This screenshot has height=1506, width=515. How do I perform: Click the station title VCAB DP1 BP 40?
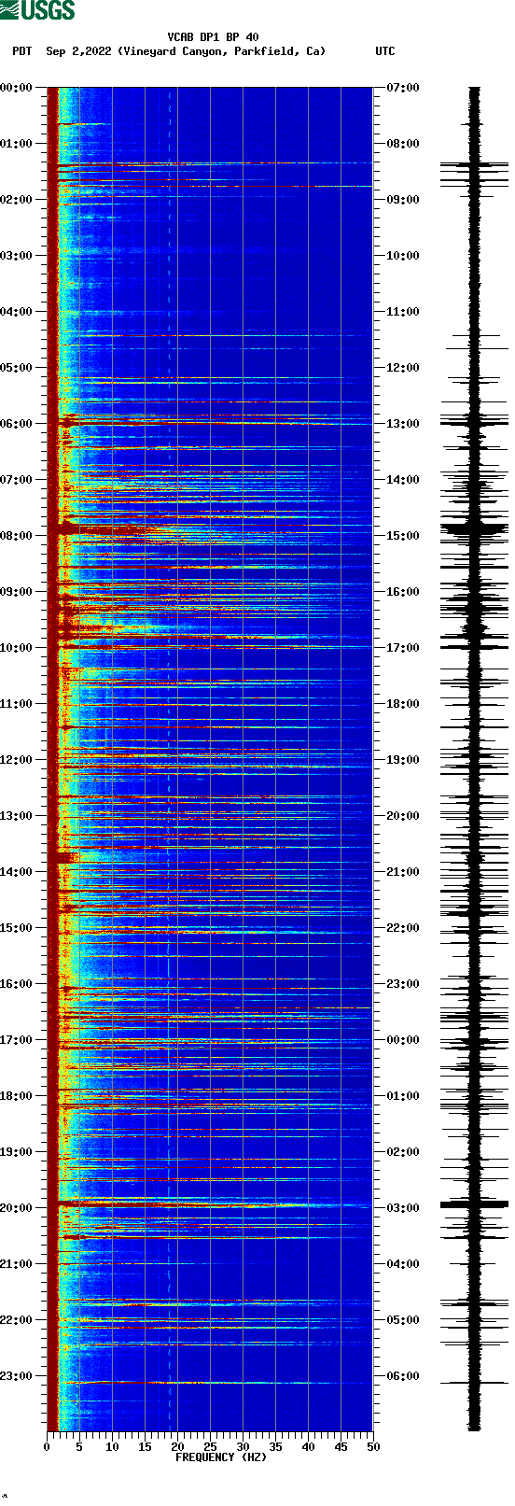[x=213, y=37]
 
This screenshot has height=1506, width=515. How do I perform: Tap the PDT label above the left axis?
[x=21, y=51]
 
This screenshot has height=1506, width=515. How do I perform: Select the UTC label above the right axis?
[x=384, y=51]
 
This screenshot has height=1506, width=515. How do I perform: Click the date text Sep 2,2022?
[x=79, y=51]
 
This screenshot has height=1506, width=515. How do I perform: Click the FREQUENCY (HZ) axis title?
[x=221, y=1457]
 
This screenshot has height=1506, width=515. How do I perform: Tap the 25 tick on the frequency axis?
[x=210, y=1447]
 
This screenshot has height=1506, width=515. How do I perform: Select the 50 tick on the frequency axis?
[x=373, y=1447]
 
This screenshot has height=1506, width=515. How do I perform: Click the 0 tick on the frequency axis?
[x=47, y=1447]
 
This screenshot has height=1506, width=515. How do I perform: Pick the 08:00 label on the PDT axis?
[x=16, y=536]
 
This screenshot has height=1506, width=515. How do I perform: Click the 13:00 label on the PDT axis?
[x=16, y=816]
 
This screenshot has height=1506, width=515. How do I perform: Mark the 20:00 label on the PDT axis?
[x=16, y=1208]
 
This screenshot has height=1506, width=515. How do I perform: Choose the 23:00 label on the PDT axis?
[x=16, y=1376]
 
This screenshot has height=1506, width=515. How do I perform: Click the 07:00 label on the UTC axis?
[x=403, y=88]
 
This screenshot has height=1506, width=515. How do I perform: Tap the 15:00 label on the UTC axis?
[x=403, y=536]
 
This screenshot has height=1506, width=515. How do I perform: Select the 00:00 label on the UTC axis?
[x=403, y=1040]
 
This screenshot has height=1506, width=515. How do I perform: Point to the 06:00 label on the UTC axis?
[x=403, y=1376]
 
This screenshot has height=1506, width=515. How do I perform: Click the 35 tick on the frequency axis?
[x=275, y=1447]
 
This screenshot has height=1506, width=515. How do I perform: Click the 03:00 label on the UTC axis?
[x=403, y=1208]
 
